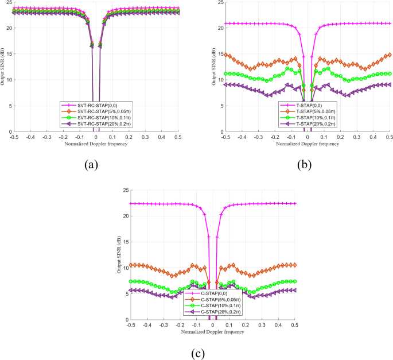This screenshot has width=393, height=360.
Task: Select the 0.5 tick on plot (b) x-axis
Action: [390, 138]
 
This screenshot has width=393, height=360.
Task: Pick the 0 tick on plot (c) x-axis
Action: [213, 326]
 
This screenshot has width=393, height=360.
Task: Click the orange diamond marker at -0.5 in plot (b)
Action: [226, 55]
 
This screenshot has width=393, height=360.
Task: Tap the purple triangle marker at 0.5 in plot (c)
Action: [295, 291]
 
